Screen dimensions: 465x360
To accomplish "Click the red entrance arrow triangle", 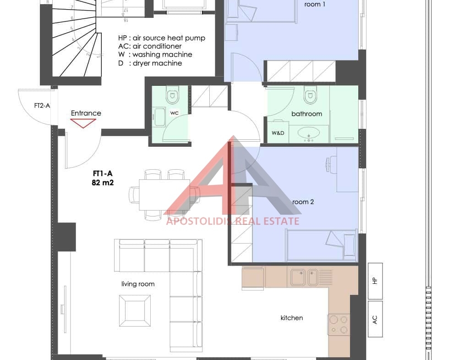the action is [83, 123].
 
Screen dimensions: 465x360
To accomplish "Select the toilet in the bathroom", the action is [310, 94].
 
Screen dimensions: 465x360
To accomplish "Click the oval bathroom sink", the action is [309, 133].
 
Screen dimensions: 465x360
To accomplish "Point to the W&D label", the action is [278, 133].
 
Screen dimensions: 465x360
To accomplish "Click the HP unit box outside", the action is [375, 281].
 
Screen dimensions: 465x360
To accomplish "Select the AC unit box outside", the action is [375, 319].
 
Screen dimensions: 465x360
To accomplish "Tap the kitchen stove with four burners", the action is [339, 325].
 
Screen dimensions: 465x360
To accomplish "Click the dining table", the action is [164, 195].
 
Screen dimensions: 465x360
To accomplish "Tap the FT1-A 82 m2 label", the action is [103, 178].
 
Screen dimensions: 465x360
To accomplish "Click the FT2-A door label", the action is [42, 105].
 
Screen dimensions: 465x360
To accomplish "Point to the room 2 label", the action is [303, 202].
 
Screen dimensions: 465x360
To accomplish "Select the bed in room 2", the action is [321, 245].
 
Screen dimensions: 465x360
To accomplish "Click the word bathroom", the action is [306, 114].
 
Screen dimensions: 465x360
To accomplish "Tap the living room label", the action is [138, 284].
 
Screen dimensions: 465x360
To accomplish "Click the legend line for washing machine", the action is [155, 55].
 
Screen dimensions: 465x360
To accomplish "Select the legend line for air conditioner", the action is [150, 46].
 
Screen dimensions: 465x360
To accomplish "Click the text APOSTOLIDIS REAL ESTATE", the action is [233, 221].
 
